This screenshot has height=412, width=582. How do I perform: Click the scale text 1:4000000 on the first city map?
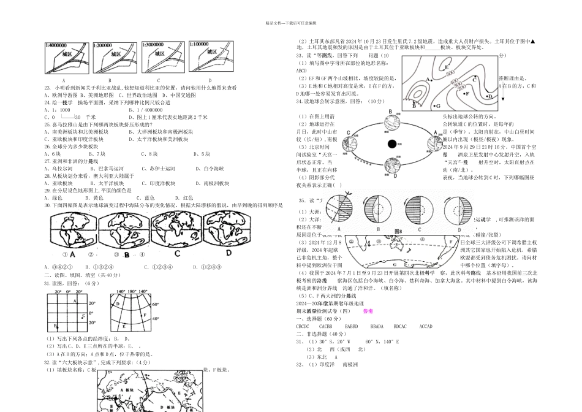56,45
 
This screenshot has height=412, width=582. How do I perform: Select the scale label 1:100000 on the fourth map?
202,45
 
